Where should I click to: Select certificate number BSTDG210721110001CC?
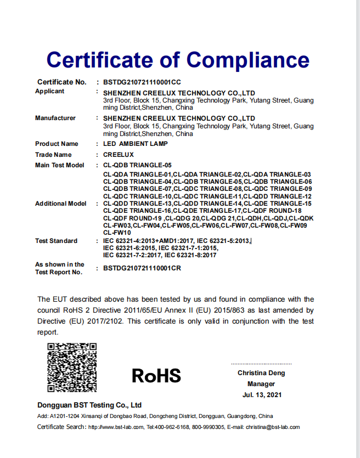(142, 82)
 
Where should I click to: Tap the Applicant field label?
(49, 91)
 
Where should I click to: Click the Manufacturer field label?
(55, 118)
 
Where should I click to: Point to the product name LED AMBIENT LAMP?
(136, 144)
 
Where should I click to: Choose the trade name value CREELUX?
(119, 155)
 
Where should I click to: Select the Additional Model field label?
(60, 203)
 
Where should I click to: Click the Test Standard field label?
(56, 241)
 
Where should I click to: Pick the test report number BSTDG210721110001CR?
(142, 268)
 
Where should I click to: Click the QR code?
(72, 367)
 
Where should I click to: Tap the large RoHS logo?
(156, 376)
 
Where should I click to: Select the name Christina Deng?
(261, 373)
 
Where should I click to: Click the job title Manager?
(261, 384)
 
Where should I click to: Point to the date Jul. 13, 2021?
(261, 395)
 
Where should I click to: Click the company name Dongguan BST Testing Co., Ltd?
(89, 405)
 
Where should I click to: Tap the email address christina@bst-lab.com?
(272, 427)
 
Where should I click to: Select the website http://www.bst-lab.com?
(116, 427)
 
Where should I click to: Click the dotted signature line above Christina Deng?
(261, 364)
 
